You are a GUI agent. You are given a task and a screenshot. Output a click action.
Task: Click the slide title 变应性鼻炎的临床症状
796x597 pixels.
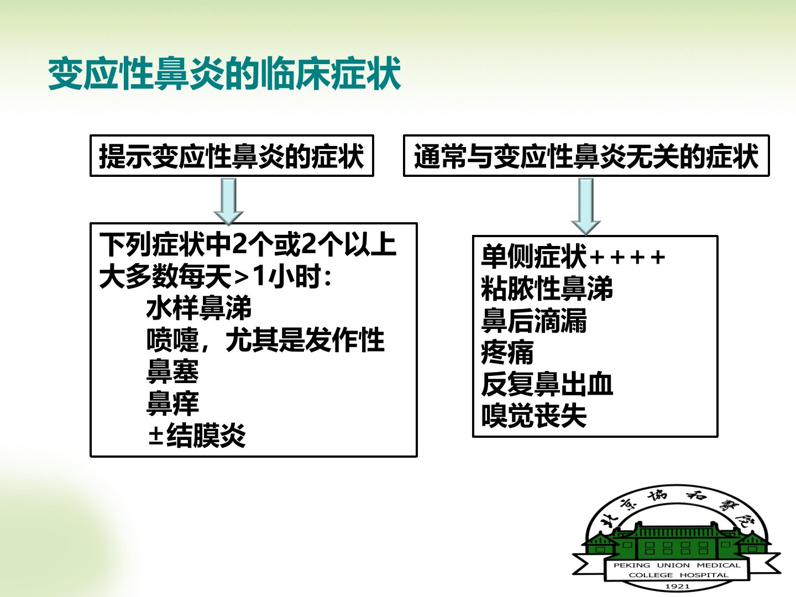click(x=224, y=74)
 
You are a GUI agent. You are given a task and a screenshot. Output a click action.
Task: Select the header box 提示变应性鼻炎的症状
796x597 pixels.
click(x=232, y=156)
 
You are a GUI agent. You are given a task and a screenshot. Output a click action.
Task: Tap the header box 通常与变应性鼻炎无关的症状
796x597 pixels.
click(x=586, y=156)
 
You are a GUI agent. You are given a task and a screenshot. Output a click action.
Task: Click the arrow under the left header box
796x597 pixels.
click(x=228, y=201)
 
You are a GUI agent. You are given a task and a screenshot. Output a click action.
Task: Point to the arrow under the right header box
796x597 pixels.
click(x=586, y=207)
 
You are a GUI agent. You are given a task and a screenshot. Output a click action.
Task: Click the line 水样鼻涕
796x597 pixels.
click(x=199, y=308)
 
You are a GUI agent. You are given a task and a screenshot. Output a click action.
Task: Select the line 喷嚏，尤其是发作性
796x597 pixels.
click(x=265, y=340)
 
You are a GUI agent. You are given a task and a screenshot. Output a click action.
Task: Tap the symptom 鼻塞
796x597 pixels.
click(x=172, y=371)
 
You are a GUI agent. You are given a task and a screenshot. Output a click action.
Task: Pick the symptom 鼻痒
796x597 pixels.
click(x=172, y=403)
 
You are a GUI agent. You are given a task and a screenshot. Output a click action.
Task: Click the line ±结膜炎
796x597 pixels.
click(x=197, y=435)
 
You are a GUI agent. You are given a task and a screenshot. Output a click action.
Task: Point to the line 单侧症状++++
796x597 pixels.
click(x=573, y=256)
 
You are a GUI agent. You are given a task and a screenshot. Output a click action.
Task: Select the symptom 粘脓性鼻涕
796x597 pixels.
click(x=547, y=288)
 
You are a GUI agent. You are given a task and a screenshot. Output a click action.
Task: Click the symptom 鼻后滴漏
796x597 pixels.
click(x=534, y=320)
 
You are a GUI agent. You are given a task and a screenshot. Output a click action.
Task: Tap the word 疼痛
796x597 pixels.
click(x=507, y=352)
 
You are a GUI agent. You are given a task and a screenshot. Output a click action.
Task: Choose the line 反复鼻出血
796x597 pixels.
click(x=547, y=384)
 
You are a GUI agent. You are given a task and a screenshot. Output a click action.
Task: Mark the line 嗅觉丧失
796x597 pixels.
click(x=534, y=415)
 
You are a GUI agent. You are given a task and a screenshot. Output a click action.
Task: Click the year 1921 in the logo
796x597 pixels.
click(x=677, y=586)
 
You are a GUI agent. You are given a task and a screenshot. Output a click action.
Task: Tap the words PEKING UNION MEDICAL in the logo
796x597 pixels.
click(x=677, y=565)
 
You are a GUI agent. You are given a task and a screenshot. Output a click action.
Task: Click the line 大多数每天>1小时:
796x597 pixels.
click(x=216, y=276)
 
